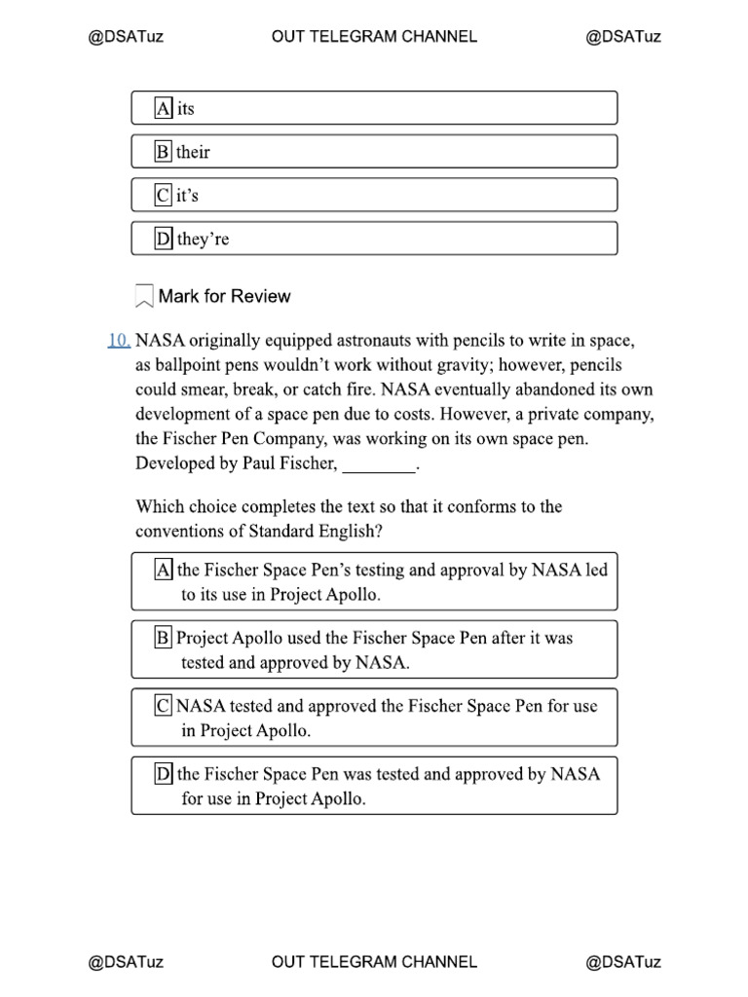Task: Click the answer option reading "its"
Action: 374,108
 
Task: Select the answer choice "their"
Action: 374,152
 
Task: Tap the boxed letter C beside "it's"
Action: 163,195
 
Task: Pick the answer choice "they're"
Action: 374,239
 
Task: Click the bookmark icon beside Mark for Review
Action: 144,296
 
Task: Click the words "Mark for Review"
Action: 224,296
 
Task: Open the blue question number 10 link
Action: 119,341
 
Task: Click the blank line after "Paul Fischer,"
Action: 379,465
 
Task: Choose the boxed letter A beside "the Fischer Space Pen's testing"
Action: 163,570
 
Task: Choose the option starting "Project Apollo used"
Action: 374,649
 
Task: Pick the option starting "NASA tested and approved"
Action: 374,718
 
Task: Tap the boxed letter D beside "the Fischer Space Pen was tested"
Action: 163,774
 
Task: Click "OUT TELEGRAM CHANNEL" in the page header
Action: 374,37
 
